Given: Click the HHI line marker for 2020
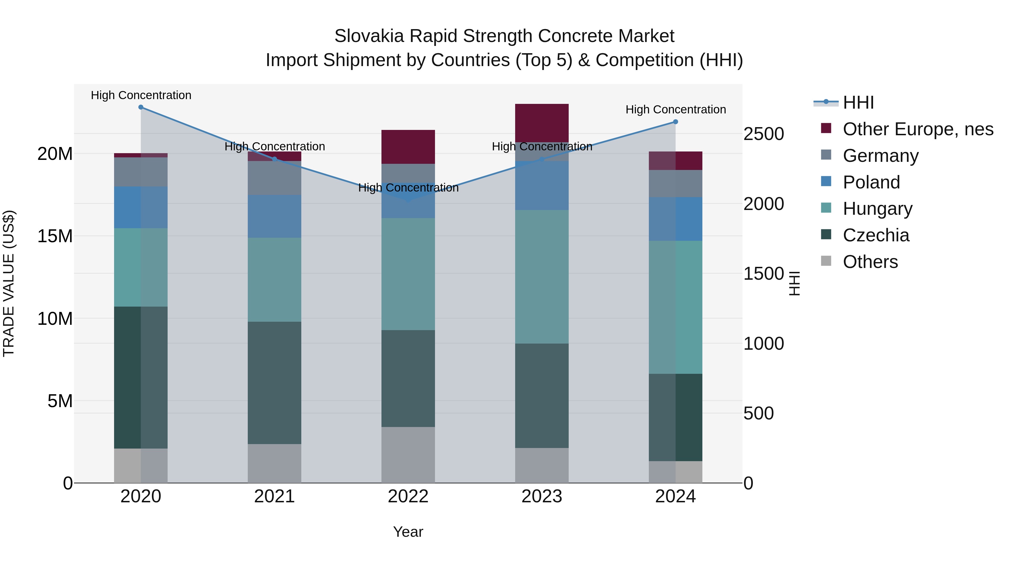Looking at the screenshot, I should click(x=141, y=107).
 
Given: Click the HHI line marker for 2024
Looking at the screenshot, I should click(x=675, y=122).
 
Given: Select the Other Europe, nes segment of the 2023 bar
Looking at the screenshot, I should click(x=542, y=122).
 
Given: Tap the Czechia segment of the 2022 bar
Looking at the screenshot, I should click(x=408, y=378).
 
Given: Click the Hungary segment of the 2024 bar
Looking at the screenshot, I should click(x=675, y=307).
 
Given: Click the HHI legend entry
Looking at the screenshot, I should click(x=858, y=102).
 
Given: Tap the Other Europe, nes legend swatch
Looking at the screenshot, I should click(x=826, y=128).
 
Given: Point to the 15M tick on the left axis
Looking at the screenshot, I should click(x=55, y=236).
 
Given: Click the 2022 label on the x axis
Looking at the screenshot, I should click(x=408, y=496).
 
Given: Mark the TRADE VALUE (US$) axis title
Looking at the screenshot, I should click(x=9, y=283).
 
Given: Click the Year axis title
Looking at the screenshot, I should click(x=408, y=532).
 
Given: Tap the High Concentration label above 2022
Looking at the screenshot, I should click(x=408, y=188).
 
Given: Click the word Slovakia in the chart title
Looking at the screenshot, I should click(x=369, y=36).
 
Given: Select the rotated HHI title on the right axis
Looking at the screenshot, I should click(x=794, y=283).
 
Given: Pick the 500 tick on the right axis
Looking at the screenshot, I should click(x=758, y=413).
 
